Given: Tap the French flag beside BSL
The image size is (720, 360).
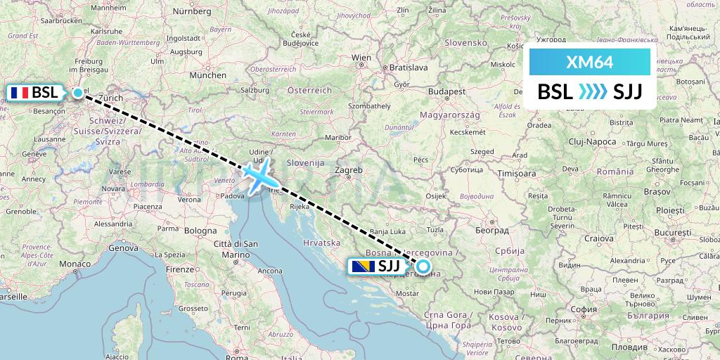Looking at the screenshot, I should (x=18, y=92).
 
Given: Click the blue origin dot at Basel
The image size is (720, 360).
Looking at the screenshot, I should (x=77, y=92).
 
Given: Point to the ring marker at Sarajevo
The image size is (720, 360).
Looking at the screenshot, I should (x=423, y=266).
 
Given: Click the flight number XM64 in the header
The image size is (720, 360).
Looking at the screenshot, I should (x=589, y=63).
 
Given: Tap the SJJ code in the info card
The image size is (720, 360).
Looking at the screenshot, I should (x=627, y=92).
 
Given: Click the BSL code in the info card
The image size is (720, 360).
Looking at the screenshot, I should (x=555, y=92).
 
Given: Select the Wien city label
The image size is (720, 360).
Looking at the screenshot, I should (x=361, y=58).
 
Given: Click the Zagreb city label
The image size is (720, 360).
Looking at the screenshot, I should (x=349, y=170).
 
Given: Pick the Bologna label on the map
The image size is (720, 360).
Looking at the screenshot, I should (x=201, y=231).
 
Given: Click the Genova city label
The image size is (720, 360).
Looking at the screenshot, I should (x=123, y=248).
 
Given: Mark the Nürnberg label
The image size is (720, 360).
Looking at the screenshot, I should (x=191, y=11).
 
